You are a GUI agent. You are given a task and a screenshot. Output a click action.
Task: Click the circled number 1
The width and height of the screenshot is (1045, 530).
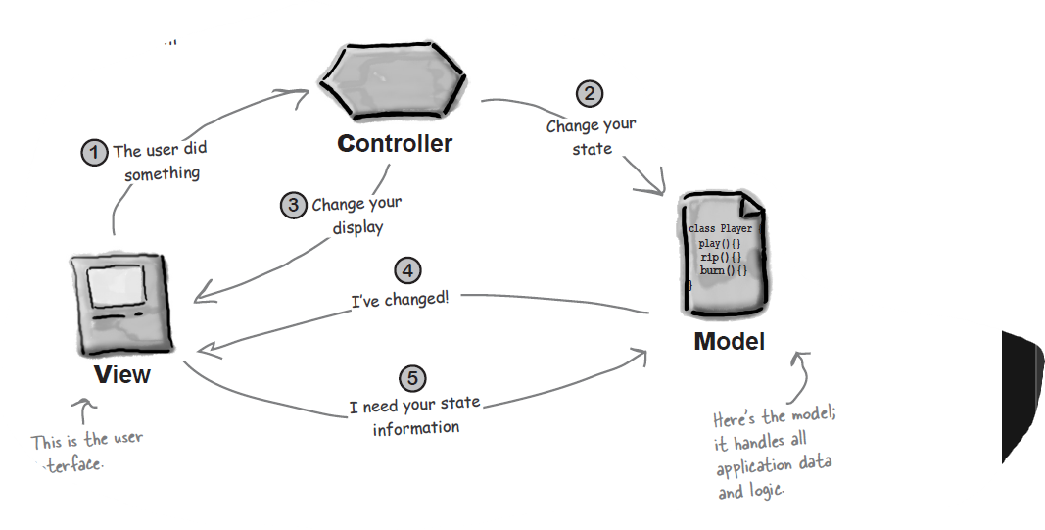click(94, 153)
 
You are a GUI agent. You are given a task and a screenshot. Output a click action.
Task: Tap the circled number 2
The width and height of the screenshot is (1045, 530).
click(589, 94)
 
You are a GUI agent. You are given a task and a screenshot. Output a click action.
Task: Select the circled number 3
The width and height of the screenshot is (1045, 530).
click(293, 205)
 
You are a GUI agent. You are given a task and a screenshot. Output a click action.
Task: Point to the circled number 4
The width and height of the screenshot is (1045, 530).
click(407, 270)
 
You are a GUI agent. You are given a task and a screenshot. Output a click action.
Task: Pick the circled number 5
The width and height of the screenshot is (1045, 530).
click(413, 378)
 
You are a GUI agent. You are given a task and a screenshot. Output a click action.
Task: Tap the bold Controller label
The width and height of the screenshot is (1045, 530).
click(395, 144)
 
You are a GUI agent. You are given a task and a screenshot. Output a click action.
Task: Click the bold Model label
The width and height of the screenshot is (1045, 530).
click(729, 342)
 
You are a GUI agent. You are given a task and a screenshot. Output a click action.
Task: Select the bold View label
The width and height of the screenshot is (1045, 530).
click(122, 374)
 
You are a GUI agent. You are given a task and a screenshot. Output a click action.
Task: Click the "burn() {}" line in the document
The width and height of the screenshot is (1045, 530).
click(724, 269)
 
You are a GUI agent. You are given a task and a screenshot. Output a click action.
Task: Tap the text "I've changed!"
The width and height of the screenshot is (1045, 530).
click(401, 299)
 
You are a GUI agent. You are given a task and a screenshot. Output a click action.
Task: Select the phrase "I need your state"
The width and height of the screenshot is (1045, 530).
click(414, 405)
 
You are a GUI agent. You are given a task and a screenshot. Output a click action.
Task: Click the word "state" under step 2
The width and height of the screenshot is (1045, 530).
click(592, 149)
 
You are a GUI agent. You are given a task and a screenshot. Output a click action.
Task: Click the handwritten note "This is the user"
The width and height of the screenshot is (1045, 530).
click(87, 440)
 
